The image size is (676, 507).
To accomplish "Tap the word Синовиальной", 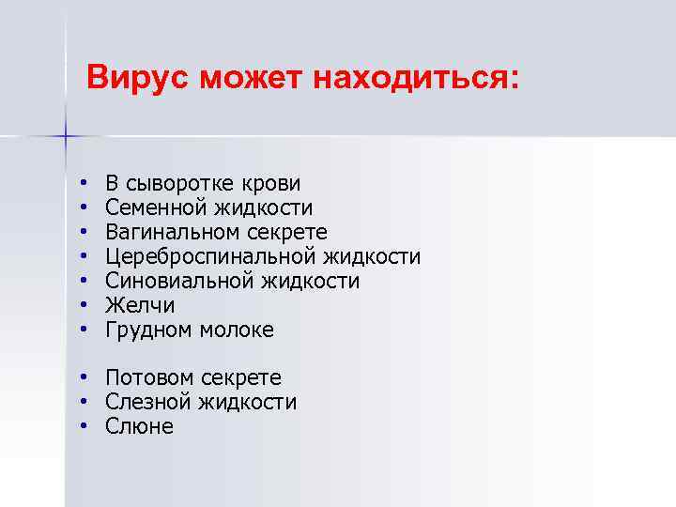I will [181, 281].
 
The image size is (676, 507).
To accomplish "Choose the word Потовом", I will [148, 377].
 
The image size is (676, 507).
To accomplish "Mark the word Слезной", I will [147, 402].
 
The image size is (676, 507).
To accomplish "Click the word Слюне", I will [140, 426].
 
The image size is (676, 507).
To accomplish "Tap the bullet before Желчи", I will [84, 305].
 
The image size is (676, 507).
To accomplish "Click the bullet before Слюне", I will [84, 426].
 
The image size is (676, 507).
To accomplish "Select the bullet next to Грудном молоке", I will [84, 330].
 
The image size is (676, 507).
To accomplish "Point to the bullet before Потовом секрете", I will [84, 377].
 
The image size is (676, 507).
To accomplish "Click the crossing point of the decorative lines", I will [66, 137].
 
